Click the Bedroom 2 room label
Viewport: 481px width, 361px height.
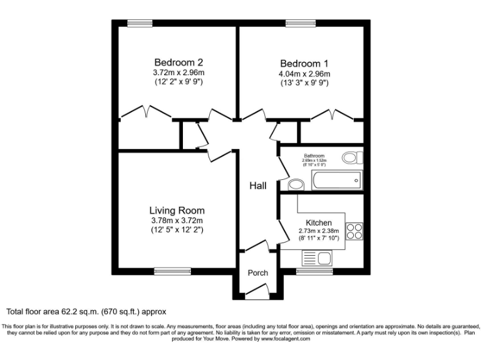pyautogui.click(x=178, y=63)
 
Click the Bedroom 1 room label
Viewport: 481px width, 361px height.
pyautogui.click(x=304, y=63)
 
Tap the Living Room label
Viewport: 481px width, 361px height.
pyautogui.click(x=177, y=211)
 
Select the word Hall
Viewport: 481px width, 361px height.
pyautogui.click(x=258, y=186)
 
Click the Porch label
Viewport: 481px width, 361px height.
pyautogui.click(x=258, y=273)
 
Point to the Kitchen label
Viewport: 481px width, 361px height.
pyautogui.click(x=318, y=223)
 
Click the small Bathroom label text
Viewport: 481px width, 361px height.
pyautogui.click(x=314, y=155)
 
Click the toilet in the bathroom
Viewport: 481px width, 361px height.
pyautogui.click(x=352, y=157)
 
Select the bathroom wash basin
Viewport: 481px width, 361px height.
pyautogui.click(x=296, y=184)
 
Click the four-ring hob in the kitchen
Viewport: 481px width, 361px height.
pyautogui.click(x=354, y=231)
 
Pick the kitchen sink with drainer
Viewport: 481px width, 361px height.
pyautogui.click(x=318, y=257)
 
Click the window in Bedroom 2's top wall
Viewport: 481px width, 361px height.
pyautogui.click(x=140, y=24)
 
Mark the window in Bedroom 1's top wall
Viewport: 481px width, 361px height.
pyautogui.click(x=299, y=24)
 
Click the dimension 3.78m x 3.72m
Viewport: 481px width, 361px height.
pyautogui.click(x=177, y=221)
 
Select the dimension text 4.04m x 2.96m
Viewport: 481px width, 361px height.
pyautogui.click(x=304, y=73)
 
